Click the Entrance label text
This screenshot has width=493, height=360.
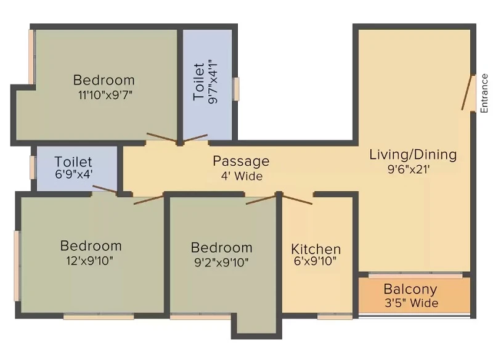484,93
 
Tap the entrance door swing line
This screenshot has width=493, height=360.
467,92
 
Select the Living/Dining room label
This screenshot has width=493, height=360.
413,155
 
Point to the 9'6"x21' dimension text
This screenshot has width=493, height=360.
409,170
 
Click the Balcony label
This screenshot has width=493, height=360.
410,289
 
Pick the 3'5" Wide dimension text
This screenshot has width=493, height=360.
411,303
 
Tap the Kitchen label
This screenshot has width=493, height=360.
316,249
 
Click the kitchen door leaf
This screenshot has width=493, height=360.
297,199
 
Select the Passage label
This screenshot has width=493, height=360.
241,161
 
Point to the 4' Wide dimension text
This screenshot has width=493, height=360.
242,176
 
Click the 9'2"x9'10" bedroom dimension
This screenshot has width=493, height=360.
221,262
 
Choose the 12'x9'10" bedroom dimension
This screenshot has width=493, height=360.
89,261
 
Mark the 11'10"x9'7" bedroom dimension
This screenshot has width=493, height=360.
105,95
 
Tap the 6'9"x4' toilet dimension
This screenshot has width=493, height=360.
73,174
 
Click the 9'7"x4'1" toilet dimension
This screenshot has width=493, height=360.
213,82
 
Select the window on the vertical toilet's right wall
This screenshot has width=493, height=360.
236,89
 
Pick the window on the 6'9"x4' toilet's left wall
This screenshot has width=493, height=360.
33,167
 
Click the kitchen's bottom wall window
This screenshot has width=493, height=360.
335,317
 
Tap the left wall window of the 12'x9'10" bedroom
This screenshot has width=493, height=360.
17,266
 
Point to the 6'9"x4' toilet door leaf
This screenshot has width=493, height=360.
105,189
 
